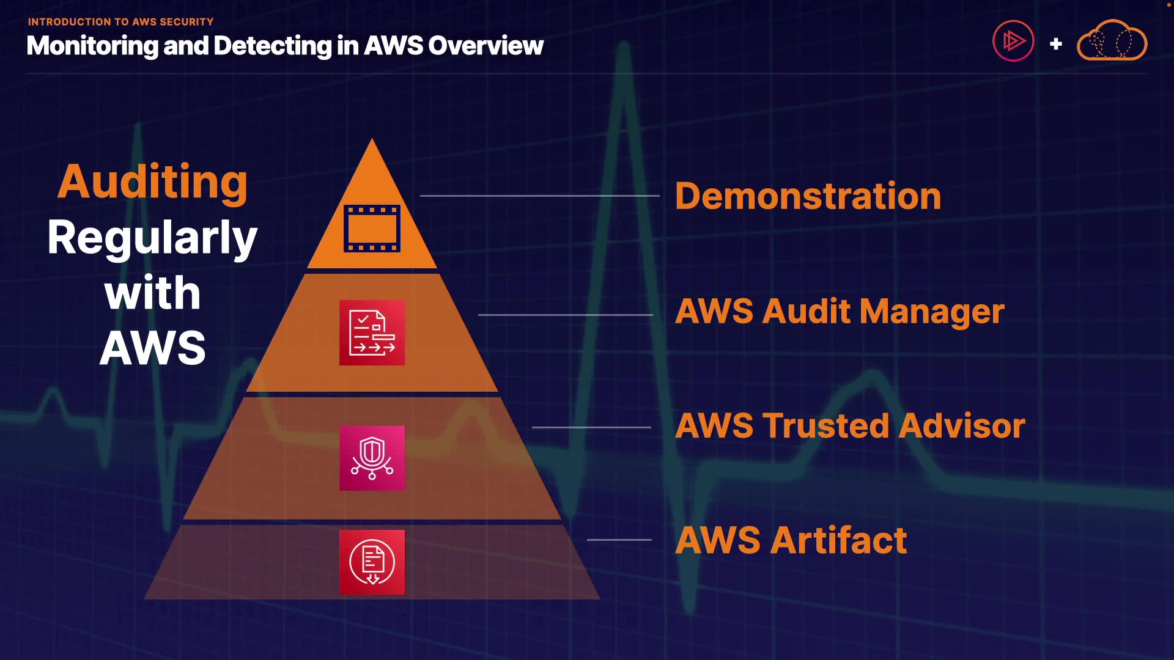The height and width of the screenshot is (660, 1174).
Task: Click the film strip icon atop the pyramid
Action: (372, 229)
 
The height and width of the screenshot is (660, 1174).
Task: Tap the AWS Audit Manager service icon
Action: (372, 333)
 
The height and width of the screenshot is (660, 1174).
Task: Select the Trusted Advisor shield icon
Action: (372, 458)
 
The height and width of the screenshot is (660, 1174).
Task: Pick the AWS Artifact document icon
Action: (372, 562)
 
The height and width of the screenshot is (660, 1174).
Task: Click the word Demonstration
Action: (808, 196)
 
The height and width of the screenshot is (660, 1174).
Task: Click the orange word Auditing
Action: (152, 183)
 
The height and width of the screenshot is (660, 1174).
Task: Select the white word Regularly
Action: (152, 238)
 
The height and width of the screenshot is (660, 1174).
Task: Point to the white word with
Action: (152, 293)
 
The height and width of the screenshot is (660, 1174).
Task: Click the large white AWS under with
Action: (152, 348)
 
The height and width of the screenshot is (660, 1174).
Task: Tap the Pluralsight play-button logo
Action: (1013, 41)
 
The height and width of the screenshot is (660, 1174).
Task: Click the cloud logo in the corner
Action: (1112, 40)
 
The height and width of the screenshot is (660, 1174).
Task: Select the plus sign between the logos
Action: (1055, 44)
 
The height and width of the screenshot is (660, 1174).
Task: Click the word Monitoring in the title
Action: (92, 46)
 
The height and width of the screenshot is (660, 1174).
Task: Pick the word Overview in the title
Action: (485, 46)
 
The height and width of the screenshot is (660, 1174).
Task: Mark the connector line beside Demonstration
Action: (540, 196)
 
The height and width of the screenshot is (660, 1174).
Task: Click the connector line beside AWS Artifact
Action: (619, 540)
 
